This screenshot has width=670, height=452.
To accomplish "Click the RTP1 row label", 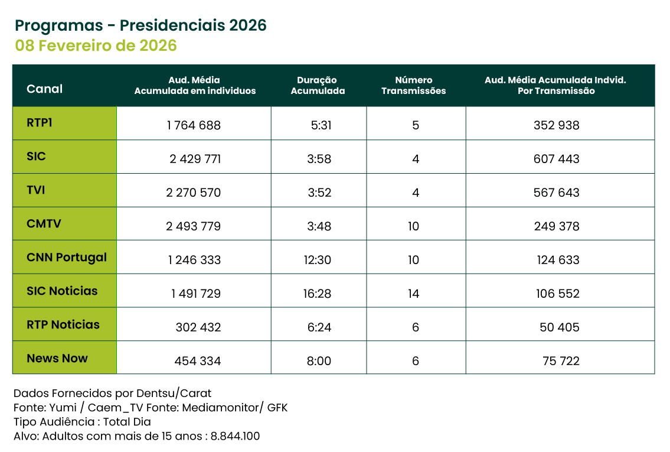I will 40,123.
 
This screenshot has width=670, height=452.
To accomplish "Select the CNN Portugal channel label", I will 67,258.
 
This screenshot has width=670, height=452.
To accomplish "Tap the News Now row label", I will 57,358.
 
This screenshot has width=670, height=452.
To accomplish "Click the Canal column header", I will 44,89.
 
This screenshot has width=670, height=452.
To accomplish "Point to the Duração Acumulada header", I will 317,86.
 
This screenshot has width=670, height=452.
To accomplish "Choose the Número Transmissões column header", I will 413,86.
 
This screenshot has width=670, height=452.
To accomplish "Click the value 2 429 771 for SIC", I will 195,159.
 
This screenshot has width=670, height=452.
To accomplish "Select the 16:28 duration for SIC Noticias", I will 318,294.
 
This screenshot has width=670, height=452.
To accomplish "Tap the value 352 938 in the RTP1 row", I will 557,125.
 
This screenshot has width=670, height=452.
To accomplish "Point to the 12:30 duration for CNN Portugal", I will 318,260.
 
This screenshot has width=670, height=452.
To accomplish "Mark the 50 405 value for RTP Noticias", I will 559,327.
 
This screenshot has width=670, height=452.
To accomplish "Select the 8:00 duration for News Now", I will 319,361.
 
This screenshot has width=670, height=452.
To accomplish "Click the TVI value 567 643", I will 557,193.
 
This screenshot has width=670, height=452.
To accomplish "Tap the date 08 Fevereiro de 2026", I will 96,45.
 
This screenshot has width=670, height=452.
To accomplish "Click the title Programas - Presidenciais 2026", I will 140,25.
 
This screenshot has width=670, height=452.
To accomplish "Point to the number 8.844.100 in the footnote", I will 236,437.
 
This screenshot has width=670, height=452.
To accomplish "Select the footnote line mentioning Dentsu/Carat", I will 112,394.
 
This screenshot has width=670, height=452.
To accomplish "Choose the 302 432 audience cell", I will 198,327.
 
